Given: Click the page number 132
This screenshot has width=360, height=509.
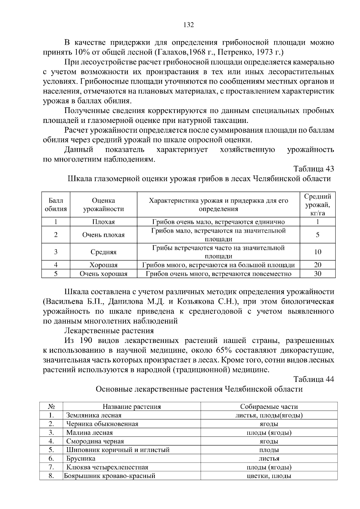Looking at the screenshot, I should [x=188, y=25].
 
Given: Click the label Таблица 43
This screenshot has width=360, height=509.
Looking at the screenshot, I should [x=313, y=169].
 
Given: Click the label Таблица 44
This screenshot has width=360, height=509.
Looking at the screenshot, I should [x=313, y=379].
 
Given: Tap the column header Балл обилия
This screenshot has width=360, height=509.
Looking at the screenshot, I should [x=56, y=205].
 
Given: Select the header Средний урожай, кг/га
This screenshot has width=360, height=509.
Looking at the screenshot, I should [x=317, y=205].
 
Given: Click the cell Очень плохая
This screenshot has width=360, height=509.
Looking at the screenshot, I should [x=103, y=235].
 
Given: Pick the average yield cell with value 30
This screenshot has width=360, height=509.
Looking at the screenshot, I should [x=317, y=274].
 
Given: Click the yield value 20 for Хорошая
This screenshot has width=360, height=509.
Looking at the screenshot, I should [x=317, y=265].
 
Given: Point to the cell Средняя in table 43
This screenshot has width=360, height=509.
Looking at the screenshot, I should [x=103, y=252].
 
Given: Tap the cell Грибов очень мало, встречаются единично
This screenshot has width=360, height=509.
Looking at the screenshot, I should [x=218, y=222].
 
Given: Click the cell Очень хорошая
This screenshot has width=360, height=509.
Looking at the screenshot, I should [x=103, y=274].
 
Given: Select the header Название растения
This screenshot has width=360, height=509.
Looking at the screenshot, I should [x=132, y=406].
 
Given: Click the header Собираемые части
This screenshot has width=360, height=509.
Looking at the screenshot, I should [x=269, y=406].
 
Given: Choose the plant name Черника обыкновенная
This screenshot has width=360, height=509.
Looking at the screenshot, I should [x=102, y=424].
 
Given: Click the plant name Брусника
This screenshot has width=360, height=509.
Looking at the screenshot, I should [x=81, y=458].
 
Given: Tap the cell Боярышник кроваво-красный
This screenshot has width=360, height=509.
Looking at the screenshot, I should [x=109, y=476].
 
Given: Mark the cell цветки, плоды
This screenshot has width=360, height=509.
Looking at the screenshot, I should [x=269, y=476].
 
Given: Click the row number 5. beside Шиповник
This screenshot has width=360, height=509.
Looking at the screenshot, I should [x=51, y=450].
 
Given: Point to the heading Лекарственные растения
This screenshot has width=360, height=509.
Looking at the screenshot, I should [x=109, y=331].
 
